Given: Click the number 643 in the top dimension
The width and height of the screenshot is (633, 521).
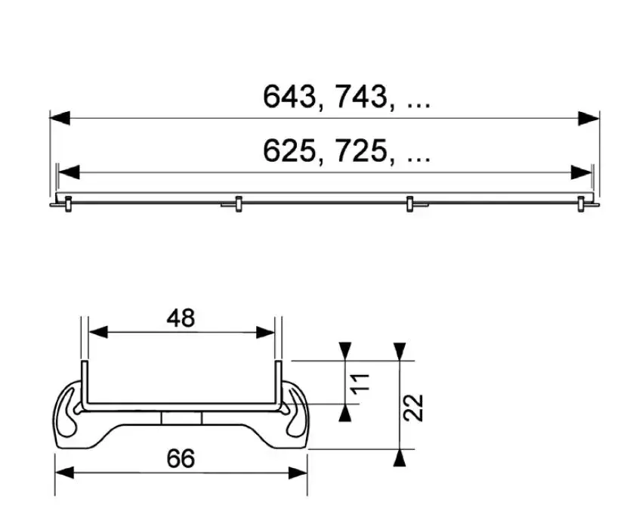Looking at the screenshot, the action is tap(289, 96).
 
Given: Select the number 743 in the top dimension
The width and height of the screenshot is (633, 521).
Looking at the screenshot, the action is tap(361, 96).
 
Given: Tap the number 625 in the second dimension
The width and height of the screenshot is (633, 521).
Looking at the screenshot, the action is tap(289, 150).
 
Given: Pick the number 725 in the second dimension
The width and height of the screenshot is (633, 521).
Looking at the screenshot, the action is tap(361, 150).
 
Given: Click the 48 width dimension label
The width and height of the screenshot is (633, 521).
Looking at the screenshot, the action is tap(181, 318).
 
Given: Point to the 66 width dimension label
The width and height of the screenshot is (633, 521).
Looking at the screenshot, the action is tap(181, 458).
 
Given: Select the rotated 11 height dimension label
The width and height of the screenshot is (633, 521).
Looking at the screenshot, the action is tap(360, 383).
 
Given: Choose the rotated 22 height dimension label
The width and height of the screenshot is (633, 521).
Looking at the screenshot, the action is tap(413, 408).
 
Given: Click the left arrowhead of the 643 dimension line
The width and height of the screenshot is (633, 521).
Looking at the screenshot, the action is tap(60, 119).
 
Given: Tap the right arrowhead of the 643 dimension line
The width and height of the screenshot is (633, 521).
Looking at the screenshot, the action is tap(588, 119).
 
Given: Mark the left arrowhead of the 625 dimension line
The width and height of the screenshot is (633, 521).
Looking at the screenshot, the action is tap(69, 172).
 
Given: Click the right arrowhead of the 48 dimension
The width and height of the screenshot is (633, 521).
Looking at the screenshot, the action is tap(265, 333).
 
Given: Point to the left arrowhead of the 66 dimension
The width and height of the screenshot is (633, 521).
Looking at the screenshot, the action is tap(65, 473).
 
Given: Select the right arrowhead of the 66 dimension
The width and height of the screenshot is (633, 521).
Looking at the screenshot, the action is tap(298, 473).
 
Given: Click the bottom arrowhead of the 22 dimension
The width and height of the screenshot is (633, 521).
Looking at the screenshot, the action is tap(400, 458).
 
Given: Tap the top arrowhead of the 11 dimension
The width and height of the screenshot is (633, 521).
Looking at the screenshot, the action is tap(344, 351).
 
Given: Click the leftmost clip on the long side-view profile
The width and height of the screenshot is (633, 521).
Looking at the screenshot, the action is tap(68, 203).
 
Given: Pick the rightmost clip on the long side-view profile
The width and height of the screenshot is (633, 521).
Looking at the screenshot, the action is tap(581, 203).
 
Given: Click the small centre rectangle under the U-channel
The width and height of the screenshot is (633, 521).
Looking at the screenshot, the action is tap(181, 418).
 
